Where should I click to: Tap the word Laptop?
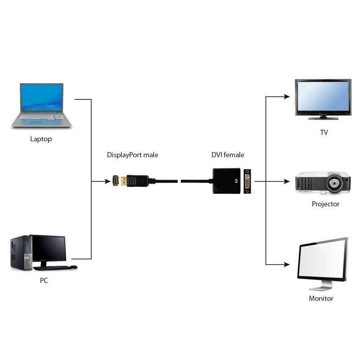41,139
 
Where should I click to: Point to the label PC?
43,281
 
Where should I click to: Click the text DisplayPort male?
132,155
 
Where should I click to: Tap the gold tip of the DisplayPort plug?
116,181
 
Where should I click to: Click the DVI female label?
228,155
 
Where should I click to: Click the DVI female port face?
248,181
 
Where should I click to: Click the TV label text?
324,132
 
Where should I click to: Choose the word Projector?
325,204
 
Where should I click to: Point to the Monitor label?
321,298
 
